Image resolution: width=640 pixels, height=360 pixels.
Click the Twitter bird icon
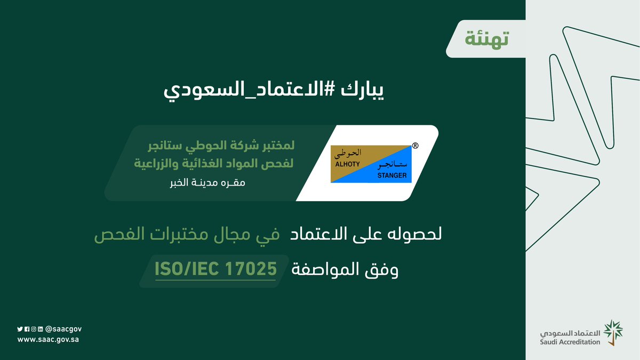[20, 329]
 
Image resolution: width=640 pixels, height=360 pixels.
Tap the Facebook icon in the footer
[27, 329]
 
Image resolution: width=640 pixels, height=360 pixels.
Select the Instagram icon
[33, 329]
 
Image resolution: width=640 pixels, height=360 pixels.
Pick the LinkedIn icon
[40, 329]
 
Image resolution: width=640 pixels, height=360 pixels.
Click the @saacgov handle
[63, 329]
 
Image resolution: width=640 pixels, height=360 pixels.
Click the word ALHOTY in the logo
[348, 165]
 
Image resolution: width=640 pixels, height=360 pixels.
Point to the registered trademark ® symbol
[415, 145]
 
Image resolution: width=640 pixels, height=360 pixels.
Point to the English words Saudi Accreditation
[569, 342]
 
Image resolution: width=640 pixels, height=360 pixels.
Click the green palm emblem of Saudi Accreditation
[612, 333]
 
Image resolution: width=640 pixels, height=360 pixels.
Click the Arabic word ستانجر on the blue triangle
[394, 164]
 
